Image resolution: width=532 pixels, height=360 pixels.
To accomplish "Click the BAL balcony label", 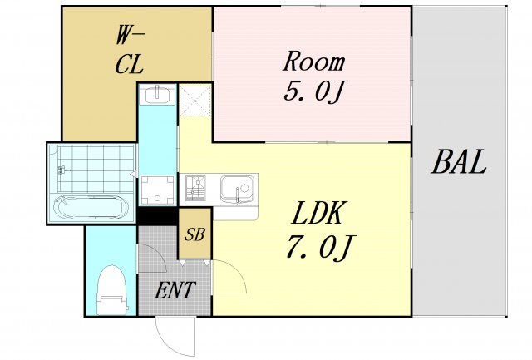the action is [x=459, y=162].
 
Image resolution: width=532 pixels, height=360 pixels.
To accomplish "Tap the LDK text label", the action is [x=318, y=213].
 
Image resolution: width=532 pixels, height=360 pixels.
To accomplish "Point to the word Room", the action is [x=314, y=62].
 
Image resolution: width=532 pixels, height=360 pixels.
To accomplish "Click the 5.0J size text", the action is [x=314, y=91].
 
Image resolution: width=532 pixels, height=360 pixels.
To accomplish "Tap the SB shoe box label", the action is [x=195, y=234].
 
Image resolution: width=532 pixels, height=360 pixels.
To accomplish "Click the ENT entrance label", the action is [x=175, y=290].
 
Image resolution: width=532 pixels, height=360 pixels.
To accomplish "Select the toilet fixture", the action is [x=111, y=290].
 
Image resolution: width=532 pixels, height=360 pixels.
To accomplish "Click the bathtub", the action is [x=91, y=207].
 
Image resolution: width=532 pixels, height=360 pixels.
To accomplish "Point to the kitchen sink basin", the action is [x=237, y=189].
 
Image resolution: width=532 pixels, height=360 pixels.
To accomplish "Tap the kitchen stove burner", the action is [x=195, y=188].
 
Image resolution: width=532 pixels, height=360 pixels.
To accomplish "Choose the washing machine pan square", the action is [x=157, y=190].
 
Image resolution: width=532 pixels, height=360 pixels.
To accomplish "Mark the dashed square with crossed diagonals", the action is [x=195, y=101].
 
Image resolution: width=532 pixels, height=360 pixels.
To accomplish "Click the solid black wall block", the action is [x=158, y=216].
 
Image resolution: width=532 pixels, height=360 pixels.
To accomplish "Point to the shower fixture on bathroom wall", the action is [x=62, y=170].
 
